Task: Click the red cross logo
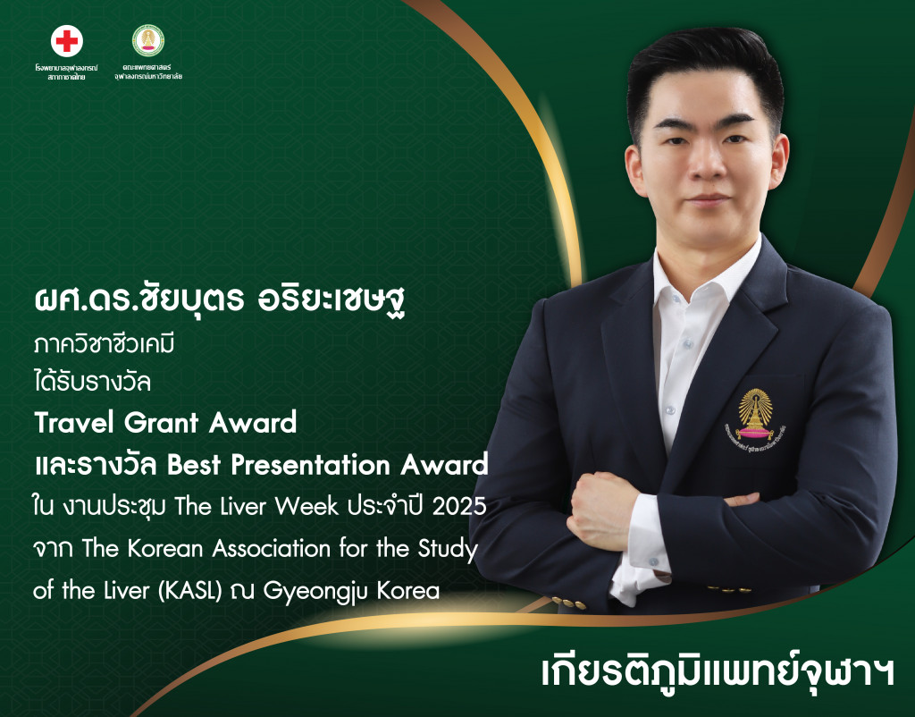[x=66, y=41]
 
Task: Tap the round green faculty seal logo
[x=148, y=40]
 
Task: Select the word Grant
[x=162, y=422]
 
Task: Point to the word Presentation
[x=310, y=465]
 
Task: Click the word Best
[x=194, y=465]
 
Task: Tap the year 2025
[x=459, y=506]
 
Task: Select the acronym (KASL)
[x=190, y=590]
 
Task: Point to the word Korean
[x=165, y=548]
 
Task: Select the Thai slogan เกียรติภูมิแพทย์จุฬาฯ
[x=718, y=672]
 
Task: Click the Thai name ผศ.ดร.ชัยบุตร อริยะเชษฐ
[x=220, y=300]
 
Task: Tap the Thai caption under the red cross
[x=66, y=72]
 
